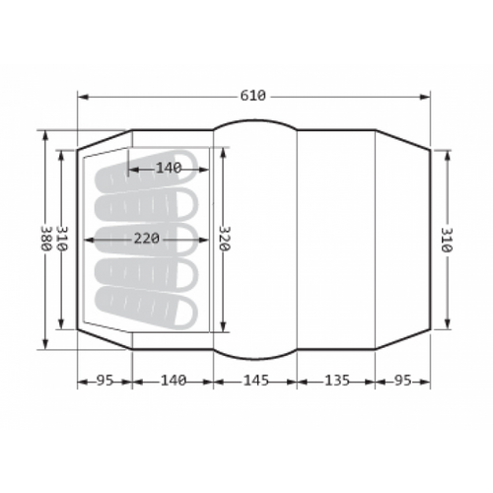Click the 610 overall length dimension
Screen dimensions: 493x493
coord(252,96)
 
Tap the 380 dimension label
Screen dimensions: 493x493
coord(45,239)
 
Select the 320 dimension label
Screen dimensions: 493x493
coord(224,239)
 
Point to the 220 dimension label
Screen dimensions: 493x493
coord(146,239)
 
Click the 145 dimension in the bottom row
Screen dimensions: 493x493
coord(256,381)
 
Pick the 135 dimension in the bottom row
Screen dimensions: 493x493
coord(337,381)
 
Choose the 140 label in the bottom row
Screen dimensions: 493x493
coord(174,381)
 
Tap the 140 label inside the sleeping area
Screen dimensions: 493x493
coord(169,169)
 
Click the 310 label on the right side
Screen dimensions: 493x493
coord(447,240)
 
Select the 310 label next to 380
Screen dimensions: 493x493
coord(62,239)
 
